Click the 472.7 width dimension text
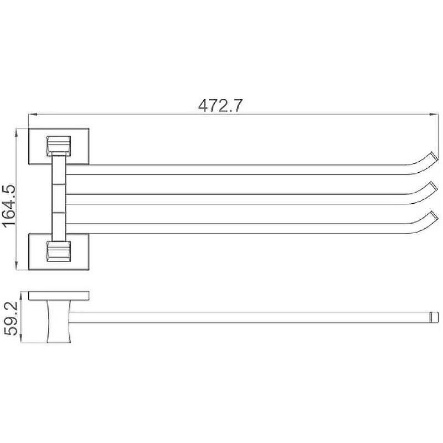[x=220, y=106]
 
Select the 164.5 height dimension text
[x=9, y=206]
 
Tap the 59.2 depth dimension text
[x=11, y=318]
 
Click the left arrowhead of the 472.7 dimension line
[x=33, y=115]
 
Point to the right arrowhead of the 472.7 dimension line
[x=434, y=115]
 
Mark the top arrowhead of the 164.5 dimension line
[x=17, y=132]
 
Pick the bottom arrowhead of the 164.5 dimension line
[x=17, y=266]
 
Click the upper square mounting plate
[x=59, y=146]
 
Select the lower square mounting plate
[x=59, y=252]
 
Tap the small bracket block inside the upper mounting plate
[x=59, y=146]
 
